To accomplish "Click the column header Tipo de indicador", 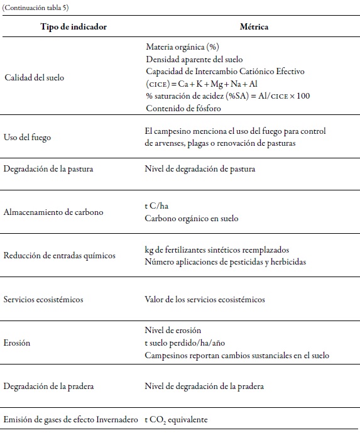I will pyautogui.click(x=74, y=27).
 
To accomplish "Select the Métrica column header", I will pyautogui.click(x=254, y=27).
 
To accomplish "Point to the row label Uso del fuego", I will pyautogui.click(x=28, y=137).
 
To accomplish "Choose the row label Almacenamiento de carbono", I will pyautogui.click(x=53, y=212).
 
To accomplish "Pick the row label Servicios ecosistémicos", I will pyautogui.click(x=43, y=299).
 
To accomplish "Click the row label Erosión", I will pyautogui.click(x=17, y=343).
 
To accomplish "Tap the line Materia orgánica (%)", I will pyautogui.click(x=182, y=47).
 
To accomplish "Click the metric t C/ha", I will pyautogui.click(x=158, y=206).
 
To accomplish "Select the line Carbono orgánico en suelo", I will pyautogui.click(x=192, y=219).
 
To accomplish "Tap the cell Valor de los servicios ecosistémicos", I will pyautogui.click(x=205, y=299).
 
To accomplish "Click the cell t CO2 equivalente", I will pyautogui.click(x=176, y=419).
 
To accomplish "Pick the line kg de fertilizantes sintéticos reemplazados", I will pyautogui.click(x=217, y=249).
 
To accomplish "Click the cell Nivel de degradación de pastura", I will pyautogui.click(x=200, y=168).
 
